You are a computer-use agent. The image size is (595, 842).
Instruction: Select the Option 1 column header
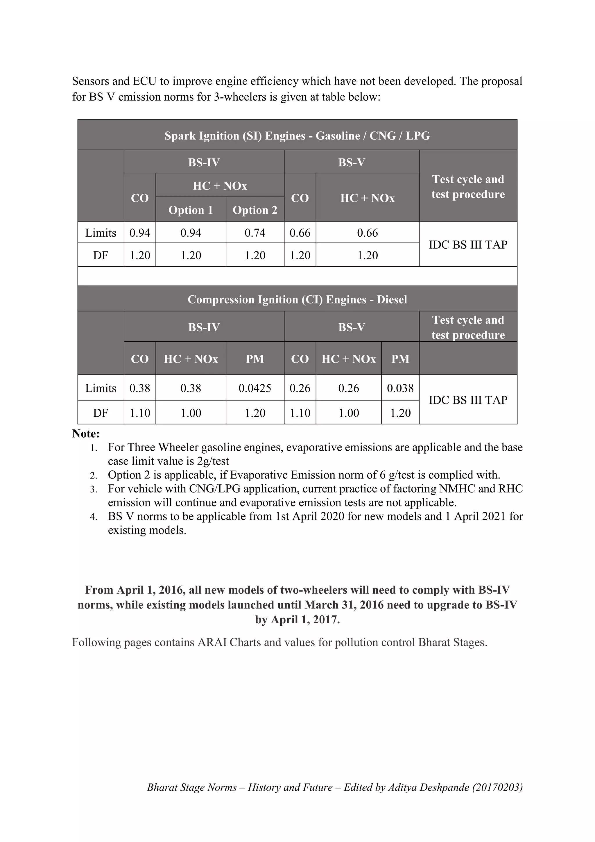[191, 210]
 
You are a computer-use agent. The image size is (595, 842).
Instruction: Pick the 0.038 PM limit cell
[400, 388]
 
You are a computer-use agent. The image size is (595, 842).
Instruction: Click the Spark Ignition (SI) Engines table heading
[297, 136]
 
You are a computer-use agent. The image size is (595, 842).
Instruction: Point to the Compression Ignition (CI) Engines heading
[297, 300]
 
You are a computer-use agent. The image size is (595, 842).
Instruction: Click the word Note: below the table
[86, 434]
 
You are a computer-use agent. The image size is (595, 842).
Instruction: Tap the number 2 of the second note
[94, 476]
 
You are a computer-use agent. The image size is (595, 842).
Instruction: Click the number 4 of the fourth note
[94, 517]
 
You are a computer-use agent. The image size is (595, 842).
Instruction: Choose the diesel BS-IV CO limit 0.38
[139, 388]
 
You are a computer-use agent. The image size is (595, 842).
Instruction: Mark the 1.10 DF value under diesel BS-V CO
[300, 413]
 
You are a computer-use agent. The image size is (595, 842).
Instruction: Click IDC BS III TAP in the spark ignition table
[468, 245]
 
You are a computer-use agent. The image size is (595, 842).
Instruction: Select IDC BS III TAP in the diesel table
[468, 400]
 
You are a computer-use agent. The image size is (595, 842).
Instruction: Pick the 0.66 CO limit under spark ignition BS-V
[300, 233]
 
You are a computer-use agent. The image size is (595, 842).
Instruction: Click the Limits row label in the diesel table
[101, 388]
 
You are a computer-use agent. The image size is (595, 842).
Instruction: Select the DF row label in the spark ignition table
[101, 255]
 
